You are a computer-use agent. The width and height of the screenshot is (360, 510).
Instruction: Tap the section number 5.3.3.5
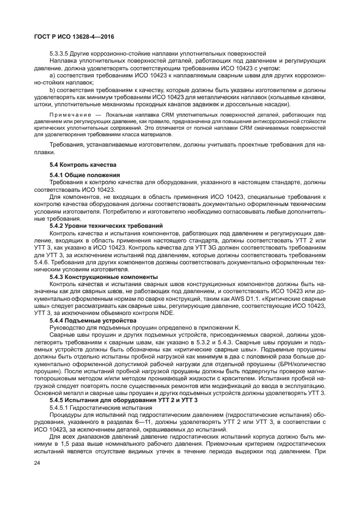coord(62,53)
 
